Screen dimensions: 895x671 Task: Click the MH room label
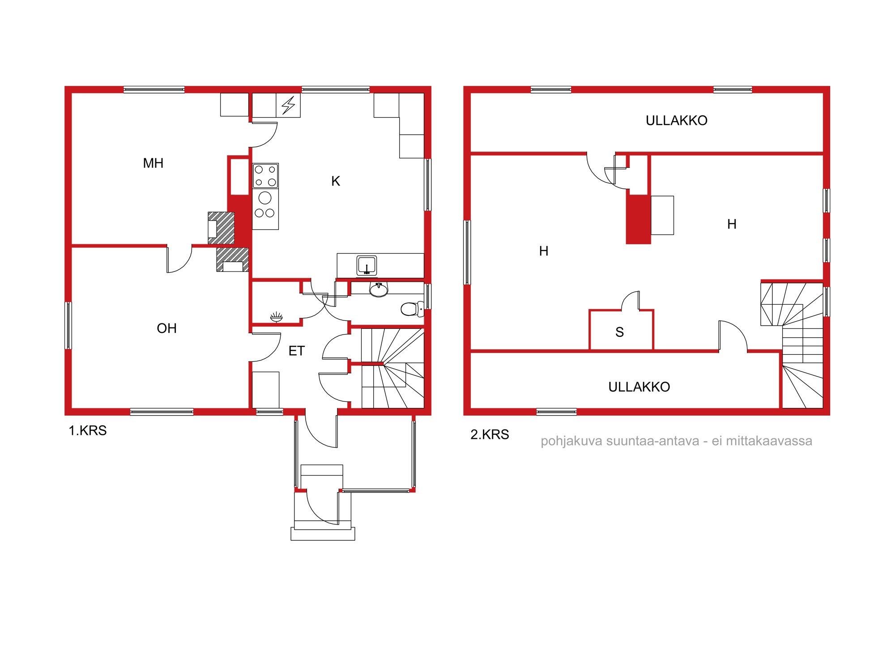point(153,163)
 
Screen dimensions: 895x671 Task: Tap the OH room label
point(166,328)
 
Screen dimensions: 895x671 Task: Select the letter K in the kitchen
point(336,181)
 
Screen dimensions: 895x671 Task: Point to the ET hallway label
point(297,351)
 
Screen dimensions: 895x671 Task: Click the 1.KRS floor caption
point(88,431)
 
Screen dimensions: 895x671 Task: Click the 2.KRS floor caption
point(490,434)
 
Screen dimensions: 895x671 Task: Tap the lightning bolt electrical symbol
point(288,106)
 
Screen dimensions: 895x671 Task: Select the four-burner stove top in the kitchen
point(265,176)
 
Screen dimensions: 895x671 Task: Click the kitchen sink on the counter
point(367,265)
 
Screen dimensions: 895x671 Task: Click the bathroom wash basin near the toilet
point(379,290)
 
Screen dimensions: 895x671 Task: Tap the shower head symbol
point(277,317)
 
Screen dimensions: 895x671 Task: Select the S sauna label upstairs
point(620,332)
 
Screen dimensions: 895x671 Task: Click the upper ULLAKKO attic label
point(676,121)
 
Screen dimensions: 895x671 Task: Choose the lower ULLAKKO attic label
point(639,387)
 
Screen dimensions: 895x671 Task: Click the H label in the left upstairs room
point(544,251)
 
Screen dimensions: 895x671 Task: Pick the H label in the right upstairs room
point(732,224)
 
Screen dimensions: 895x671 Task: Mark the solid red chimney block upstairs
point(638,219)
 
